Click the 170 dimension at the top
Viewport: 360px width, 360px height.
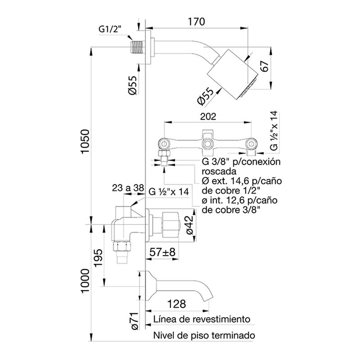point(196,21)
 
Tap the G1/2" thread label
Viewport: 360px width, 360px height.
point(110,30)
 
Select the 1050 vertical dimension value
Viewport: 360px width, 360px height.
point(85,142)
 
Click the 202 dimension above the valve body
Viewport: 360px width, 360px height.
point(207,116)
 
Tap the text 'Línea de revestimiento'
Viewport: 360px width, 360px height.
point(201,319)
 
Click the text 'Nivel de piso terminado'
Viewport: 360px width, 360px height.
point(204,336)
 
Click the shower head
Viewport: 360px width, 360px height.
point(232,74)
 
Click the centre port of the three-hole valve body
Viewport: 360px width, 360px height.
point(207,144)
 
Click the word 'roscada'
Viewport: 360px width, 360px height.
point(218,171)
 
